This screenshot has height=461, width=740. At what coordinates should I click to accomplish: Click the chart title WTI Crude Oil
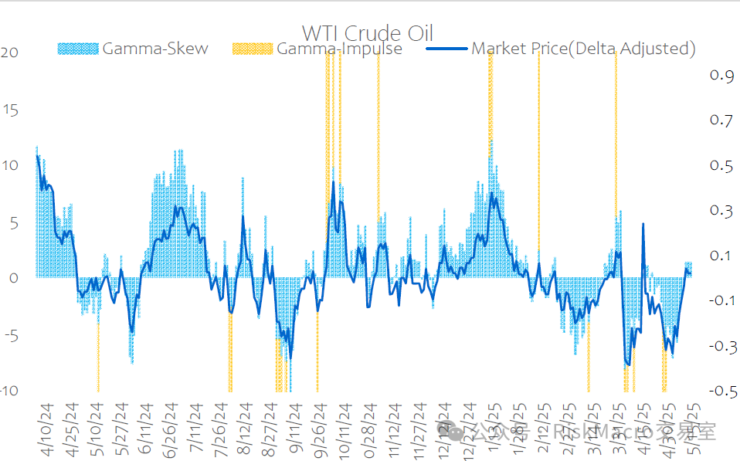click(367, 33)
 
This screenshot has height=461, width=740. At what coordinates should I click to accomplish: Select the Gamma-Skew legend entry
click(154, 49)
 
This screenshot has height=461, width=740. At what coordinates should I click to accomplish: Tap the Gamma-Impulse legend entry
click(339, 49)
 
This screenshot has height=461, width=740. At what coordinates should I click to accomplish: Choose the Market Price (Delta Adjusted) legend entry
click(583, 49)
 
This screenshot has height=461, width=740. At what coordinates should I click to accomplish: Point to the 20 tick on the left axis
click(10, 53)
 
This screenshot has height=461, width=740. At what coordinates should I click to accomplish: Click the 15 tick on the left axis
click(10, 109)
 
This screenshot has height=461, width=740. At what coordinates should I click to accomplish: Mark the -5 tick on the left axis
click(10, 335)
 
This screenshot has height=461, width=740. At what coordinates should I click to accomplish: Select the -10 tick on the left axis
click(10, 391)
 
